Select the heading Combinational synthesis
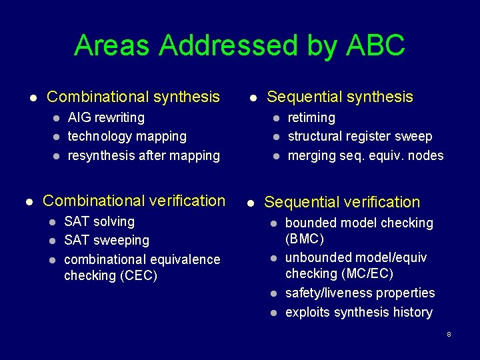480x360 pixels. tap(133, 97)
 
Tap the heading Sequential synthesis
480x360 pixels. tap(340, 97)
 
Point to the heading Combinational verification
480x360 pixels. tap(134, 201)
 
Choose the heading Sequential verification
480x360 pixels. tap(342, 202)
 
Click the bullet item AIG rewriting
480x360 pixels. tap(106, 118)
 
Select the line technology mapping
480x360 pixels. tap(127, 137)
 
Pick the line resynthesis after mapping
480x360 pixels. tap(144, 156)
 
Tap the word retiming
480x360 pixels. tap(311, 118)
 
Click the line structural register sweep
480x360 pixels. tap(360, 137)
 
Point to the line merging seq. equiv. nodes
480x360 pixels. tap(365, 156)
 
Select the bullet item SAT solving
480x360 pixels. tap(99, 221)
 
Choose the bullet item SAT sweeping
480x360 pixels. tap(107, 240)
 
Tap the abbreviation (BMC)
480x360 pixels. tap(305, 239)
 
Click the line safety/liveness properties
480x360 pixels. tap(360, 293)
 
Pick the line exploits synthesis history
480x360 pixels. tap(359, 313)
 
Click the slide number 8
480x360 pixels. tap(449, 334)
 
